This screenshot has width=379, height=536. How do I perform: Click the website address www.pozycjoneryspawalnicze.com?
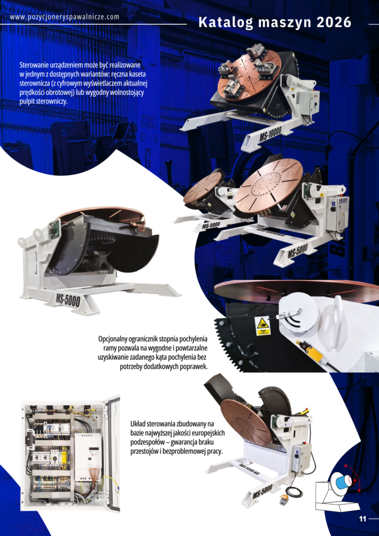[64, 17]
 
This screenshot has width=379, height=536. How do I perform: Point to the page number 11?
[362, 518]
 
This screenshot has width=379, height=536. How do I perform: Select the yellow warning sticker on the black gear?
[262, 326]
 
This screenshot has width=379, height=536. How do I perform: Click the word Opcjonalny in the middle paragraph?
[115, 339]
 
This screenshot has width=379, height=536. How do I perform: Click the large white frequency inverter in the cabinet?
[88, 451]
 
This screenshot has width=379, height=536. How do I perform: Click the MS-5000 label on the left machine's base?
[68, 300]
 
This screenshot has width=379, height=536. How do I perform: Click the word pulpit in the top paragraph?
[26, 102]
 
